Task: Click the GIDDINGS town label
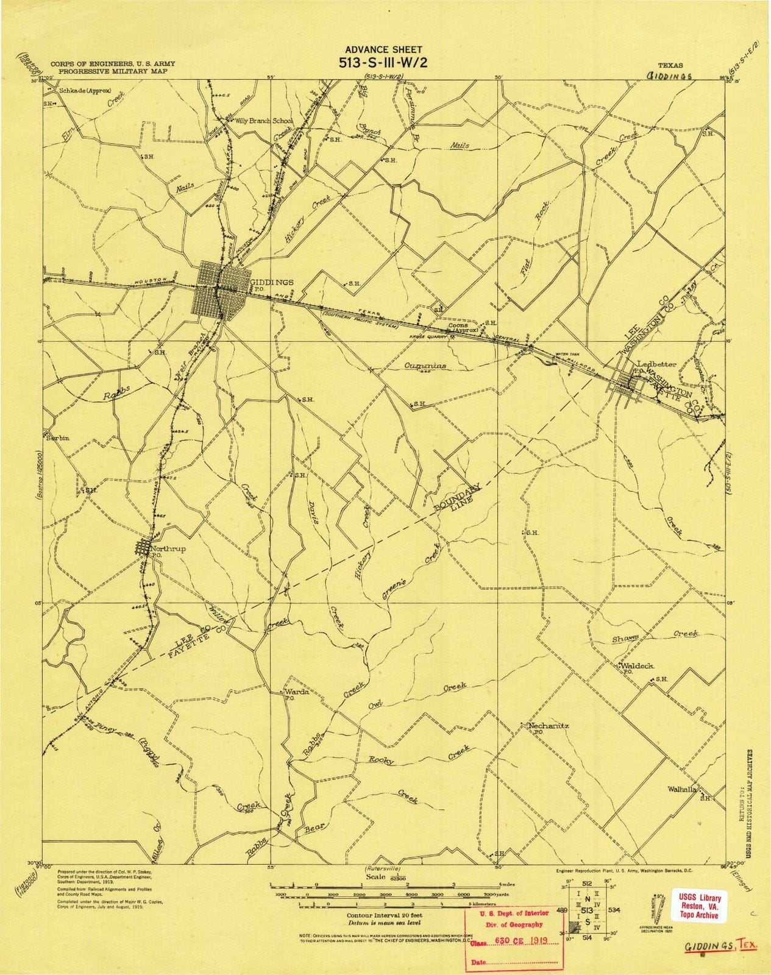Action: [273, 282]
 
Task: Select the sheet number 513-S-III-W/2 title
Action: [383, 62]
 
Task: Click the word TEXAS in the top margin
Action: [670, 65]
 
